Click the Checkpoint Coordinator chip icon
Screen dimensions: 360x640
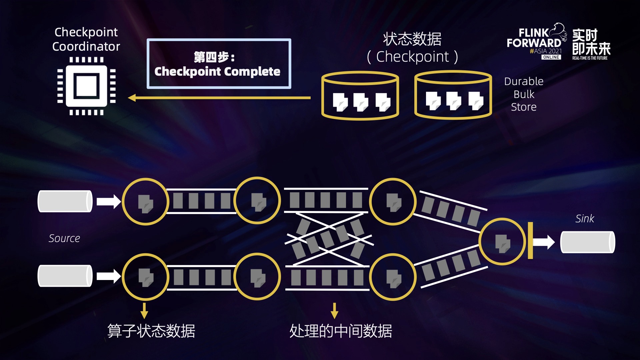(x=86, y=86)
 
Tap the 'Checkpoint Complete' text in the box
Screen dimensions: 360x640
(x=217, y=71)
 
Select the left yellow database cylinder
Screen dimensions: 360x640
(x=360, y=96)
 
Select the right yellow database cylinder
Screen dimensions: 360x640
(x=453, y=95)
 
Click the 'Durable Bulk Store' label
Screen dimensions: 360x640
(x=524, y=94)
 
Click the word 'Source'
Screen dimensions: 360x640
(x=64, y=238)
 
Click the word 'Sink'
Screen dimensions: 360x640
(x=585, y=219)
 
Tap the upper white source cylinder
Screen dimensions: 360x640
(x=65, y=201)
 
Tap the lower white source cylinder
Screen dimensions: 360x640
(x=65, y=276)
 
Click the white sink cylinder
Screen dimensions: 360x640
(x=588, y=242)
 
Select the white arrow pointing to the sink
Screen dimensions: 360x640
(x=544, y=242)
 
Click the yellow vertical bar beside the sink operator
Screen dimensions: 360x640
(x=530, y=240)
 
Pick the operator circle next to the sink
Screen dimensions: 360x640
(x=502, y=242)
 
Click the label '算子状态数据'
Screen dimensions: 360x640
(x=151, y=331)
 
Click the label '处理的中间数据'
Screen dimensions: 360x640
(x=341, y=331)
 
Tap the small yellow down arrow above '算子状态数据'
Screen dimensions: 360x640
(x=144, y=311)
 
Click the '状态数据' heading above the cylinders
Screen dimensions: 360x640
(x=412, y=39)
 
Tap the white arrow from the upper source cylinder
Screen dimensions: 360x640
(x=109, y=202)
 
